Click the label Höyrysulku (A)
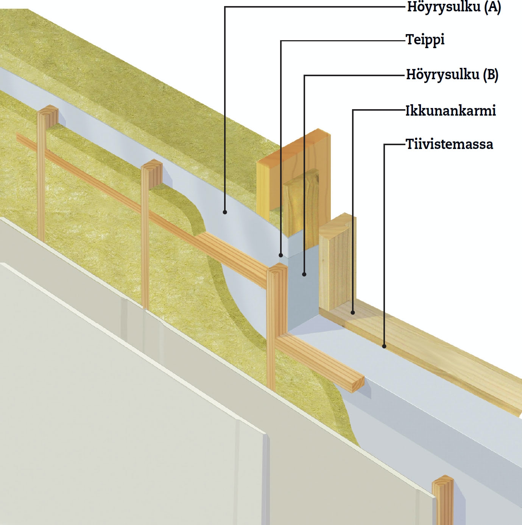[x=453, y=7]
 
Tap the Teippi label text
[x=425, y=40]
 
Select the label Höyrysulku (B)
[x=452, y=75]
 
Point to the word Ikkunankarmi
[x=450, y=111]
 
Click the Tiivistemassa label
[x=449, y=144]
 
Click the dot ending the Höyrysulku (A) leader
[x=225, y=212]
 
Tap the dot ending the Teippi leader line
[x=280, y=255]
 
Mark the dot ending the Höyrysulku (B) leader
[x=304, y=274]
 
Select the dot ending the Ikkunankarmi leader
[x=353, y=313]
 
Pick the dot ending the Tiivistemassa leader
[x=384, y=346]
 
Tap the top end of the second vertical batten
[x=153, y=165]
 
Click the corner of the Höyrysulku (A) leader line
[x=225, y=7]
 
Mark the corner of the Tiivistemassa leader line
[x=384, y=144]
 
